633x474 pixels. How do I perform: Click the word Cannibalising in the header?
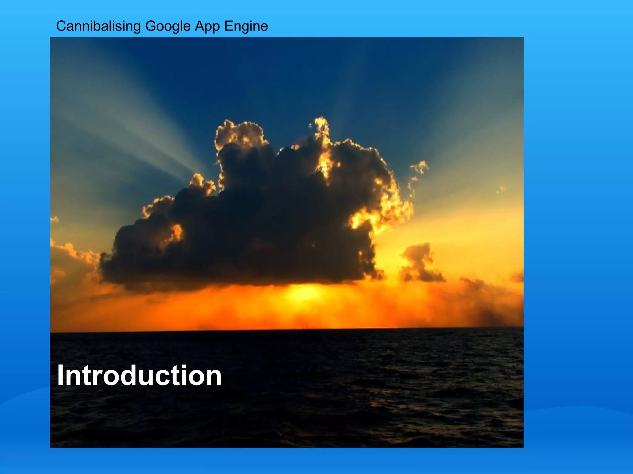click(x=98, y=26)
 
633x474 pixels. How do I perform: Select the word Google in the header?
click(x=168, y=26)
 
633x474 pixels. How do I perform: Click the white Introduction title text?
click(x=139, y=376)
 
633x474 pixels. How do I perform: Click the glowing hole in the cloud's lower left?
click(x=176, y=233)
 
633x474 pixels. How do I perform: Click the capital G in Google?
click(x=151, y=26)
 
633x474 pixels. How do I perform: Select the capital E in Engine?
click(x=228, y=26)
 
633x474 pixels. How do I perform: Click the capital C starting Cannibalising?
click(x=61, y=26)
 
